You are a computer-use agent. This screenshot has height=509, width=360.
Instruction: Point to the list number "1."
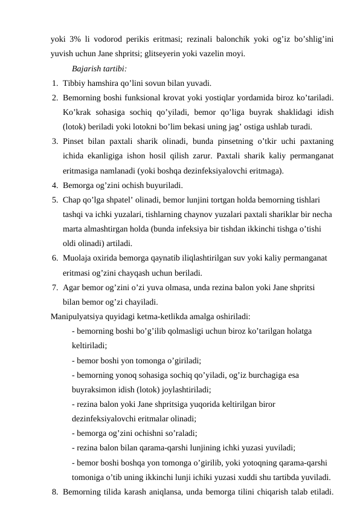55,83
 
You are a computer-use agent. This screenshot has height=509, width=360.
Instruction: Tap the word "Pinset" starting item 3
74,141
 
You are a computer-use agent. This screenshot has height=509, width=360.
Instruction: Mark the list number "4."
55,185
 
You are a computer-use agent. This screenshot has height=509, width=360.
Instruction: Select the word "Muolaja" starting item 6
77,258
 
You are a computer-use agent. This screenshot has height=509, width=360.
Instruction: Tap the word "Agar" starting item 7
71,287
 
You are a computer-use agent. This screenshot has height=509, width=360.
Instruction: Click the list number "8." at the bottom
55,491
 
